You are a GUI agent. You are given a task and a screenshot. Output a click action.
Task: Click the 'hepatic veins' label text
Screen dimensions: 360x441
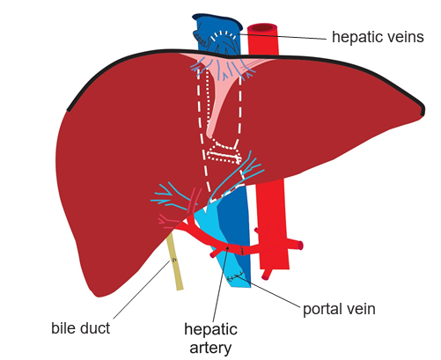point(379,38)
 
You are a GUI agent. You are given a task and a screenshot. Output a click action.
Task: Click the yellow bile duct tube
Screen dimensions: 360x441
point(177,264)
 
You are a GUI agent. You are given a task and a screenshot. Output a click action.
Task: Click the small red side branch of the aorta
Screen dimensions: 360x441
point(297,244)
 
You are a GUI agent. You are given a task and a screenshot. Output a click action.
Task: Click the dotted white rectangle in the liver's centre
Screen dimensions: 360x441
point(225,151)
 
